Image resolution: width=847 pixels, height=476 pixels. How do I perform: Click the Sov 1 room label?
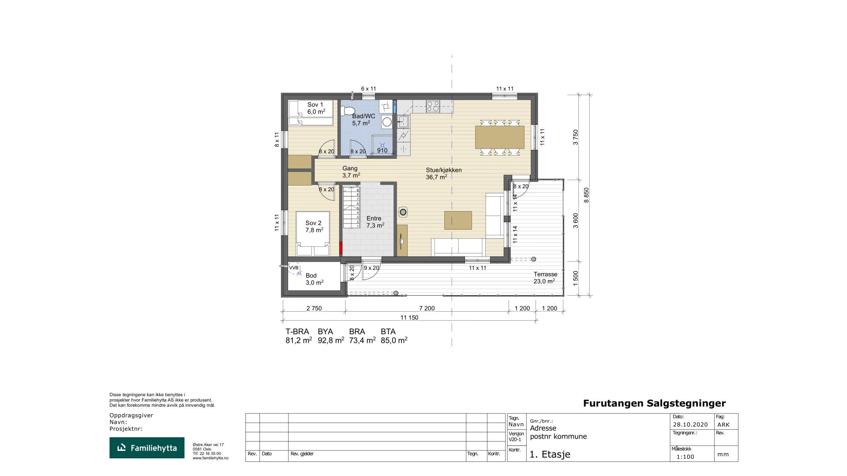click(315, 108)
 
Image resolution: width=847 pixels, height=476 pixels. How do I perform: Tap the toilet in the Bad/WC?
click(349, 110)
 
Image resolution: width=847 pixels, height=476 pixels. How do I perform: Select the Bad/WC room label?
click(364, 120)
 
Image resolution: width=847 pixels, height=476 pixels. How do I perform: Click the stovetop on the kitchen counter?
click(433, 106)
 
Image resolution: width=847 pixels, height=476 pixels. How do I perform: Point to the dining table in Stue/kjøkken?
click(499, 137)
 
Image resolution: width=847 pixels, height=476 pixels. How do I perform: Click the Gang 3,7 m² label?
click(351, 172)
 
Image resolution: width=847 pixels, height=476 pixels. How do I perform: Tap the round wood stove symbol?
click(403, 212)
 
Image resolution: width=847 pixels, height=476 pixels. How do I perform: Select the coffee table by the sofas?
click(458, 220)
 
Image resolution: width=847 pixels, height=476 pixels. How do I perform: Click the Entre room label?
click(375, 222)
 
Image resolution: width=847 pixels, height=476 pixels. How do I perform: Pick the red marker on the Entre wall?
click(341, 248)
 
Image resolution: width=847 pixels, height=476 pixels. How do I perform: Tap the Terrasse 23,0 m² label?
click(545, 278)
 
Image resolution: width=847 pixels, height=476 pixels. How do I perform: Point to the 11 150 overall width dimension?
click(409, 317)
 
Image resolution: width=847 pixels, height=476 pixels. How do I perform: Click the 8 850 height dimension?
click(586, 195)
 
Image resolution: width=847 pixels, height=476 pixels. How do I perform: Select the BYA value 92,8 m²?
click(331, 340)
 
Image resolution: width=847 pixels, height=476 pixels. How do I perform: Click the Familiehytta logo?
click(147, 448)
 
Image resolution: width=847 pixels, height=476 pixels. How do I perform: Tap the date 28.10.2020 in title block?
click(690, 425)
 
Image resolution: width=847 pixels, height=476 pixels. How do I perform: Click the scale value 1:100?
click(685, 457)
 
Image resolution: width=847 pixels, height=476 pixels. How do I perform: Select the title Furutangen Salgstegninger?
click(654, 403)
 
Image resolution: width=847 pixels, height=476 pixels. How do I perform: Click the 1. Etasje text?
click(550, 454)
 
